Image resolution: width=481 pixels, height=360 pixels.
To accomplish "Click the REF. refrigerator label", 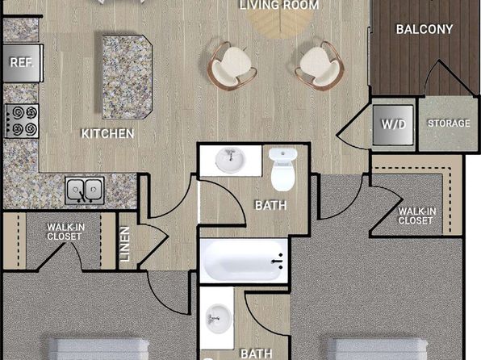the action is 22,63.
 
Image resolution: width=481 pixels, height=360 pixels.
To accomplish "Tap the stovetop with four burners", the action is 22,121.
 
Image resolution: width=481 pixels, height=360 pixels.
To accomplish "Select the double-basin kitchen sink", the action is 85,190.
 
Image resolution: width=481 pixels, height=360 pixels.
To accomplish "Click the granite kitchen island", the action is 128,77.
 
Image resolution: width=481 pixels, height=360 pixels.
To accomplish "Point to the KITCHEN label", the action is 107,134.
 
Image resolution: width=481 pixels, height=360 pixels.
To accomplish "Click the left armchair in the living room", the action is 232,66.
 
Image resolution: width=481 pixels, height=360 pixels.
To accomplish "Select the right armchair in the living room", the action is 320,66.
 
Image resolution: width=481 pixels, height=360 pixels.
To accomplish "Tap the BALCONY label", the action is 425,30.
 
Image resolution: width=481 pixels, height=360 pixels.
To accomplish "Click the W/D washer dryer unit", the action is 393,124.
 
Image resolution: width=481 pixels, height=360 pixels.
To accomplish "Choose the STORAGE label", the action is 449,123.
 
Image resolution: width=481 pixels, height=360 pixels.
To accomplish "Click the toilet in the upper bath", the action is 283,170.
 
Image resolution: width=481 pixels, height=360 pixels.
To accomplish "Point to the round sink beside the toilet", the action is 230,160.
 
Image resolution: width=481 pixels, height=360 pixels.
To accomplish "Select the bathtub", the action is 244,261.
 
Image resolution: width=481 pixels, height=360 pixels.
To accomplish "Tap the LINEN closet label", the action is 125,244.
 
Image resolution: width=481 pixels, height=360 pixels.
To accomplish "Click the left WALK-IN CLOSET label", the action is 65,232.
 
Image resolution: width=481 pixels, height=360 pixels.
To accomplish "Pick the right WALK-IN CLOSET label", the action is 417,216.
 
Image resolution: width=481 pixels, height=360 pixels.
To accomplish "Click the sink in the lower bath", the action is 219,318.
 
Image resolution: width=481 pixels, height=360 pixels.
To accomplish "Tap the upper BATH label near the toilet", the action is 271,205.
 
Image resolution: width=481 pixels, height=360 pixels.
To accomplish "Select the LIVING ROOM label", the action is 279,5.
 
